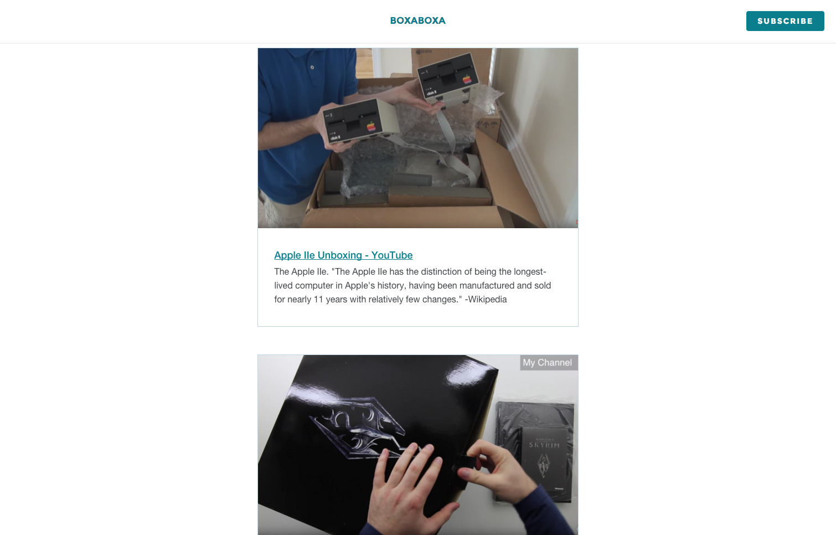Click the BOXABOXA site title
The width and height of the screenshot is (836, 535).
click(x=417, y=20)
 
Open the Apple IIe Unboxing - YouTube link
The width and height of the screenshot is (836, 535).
click(x=343, y=255)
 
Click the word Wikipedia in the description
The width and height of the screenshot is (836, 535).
click(x=487, y=300)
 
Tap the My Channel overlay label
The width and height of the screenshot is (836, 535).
click(x=548, y=363)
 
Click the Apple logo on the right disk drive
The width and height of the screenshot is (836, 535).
click(x=467, y=79)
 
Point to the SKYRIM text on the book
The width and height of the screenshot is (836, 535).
click(x=544, y=445)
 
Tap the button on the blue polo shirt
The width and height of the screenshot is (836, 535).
click(x=312, y=68)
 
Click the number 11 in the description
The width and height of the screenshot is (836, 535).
click(x=318, y=300)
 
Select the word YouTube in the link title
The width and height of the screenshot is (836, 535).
click(x=392, y=255)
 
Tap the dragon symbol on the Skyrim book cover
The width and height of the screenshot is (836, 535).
click(x=543, y=465)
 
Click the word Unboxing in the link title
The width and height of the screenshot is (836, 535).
click(x=339, y=255)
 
